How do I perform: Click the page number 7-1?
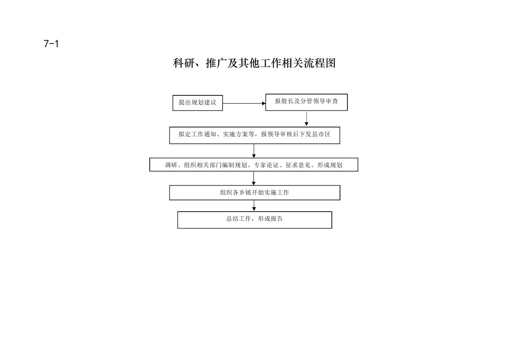[51, 44]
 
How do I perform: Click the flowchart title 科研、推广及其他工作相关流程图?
[254, 63]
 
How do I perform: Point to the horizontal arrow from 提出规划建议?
[244, 104]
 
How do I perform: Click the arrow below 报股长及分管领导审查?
[307, 118]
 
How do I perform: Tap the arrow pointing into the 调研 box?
[254, 151]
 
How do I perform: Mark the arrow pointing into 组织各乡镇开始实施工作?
[254, 178]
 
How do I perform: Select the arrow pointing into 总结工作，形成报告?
[254, 206]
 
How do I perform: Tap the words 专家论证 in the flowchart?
[266, 165]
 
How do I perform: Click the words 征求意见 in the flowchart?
[298, 165]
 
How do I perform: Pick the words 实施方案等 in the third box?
[239, 134]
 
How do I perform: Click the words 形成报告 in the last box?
[270, 219]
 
